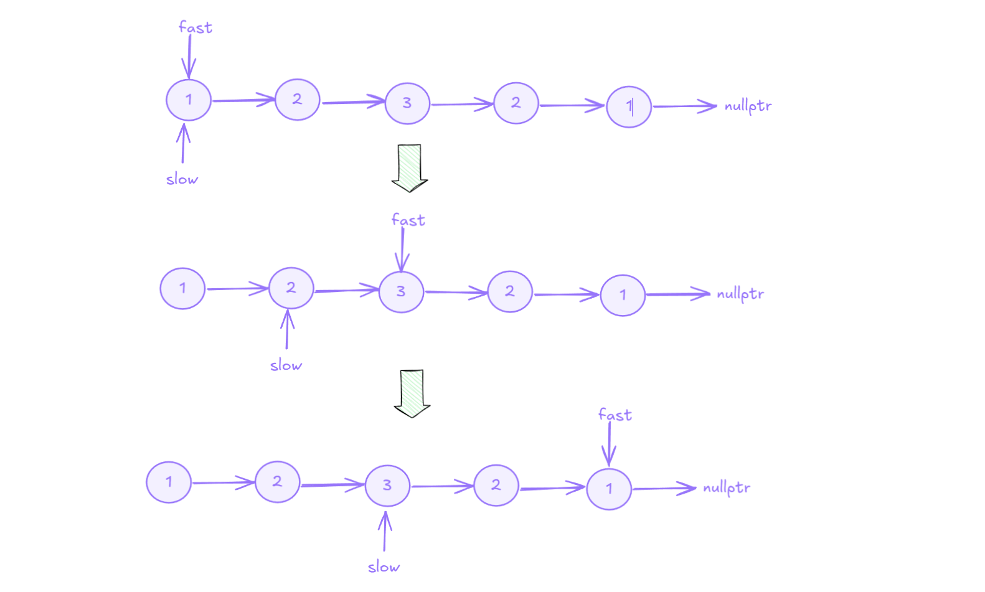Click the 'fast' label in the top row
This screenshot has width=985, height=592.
point(195,27)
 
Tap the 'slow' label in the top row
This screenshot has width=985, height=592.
point(182,179)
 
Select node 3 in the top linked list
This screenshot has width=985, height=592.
point(407,103)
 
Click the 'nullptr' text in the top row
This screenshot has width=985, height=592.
point(747,106)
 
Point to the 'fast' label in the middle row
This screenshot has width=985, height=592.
point(408,220)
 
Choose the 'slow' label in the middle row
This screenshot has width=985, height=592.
point(286,365)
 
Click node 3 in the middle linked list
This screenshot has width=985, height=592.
point(401,291)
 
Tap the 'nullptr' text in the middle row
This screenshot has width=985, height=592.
point(740,294)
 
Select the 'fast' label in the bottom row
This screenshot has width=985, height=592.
point(615,415)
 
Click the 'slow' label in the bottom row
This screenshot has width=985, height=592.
point(384,567)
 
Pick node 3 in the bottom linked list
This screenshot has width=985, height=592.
point(387,486)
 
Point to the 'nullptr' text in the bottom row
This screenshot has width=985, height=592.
point(726,488)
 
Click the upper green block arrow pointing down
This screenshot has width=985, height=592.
point(410,167)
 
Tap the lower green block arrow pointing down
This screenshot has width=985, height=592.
point(412,393)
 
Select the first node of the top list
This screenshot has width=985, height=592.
point(189,100)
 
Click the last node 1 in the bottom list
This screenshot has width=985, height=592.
point(609,489)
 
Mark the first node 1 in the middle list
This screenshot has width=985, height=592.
point(182,288)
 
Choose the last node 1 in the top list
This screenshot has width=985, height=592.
point(629,107)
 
